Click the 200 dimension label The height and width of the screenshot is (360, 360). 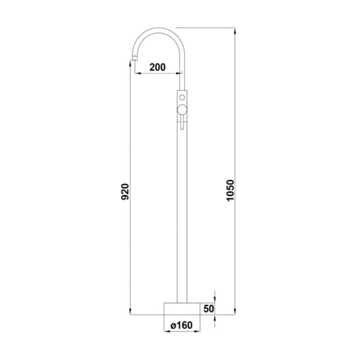pyautogui.click(x=157, y=67)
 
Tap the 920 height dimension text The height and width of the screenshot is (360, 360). pyautogui.click(x=125, y=191)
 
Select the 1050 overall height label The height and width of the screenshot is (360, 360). pyautogui.click(x=230, y=191)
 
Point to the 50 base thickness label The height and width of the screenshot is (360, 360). pyautogui.click(x=209, y=308)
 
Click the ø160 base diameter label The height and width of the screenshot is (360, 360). pyautogui.click(x=182, y=325)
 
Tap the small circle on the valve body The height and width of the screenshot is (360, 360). pyautogui.click(x=182, y=97)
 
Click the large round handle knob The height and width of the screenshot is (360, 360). pyautogui.click(x=182, y=110)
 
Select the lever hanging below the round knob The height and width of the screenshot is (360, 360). pyautogui.click(x=182, y=122)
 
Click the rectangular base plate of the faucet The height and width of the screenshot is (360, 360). pyautogui.click(x=182, y=308)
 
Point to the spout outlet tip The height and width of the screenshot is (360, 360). pyautogui.click(x=134, y=59)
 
